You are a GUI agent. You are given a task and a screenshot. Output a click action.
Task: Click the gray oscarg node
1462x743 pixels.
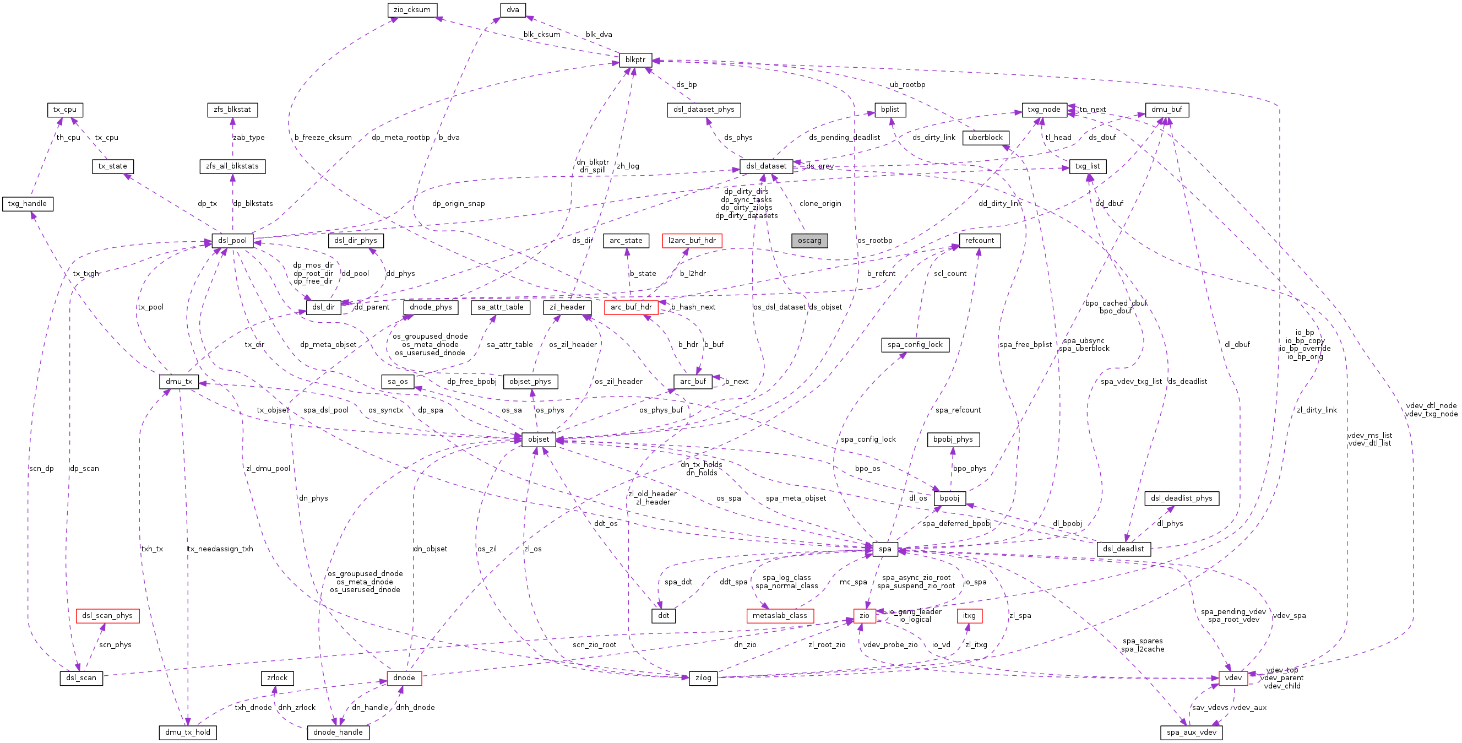(809, 241)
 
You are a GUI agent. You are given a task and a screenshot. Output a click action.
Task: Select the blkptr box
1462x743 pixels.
(635, 59)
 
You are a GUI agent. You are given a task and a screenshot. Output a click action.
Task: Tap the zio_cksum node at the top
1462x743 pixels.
(412, 10)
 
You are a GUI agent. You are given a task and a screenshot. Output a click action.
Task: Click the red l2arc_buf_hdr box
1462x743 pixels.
(692, 241)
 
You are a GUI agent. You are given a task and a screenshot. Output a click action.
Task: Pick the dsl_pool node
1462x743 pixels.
(232, 241)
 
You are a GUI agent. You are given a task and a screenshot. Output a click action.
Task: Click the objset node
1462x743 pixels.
(538, 440)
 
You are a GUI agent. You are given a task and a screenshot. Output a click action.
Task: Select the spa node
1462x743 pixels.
(885, 549)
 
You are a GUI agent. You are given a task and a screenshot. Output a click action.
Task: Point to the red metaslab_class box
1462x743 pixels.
(780, 616)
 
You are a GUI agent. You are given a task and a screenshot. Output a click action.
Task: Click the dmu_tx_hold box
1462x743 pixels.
(187, 732)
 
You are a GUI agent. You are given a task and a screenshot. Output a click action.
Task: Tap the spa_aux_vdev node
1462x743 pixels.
(1191, 732)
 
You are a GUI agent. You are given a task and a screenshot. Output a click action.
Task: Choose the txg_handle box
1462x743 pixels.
(27, 204)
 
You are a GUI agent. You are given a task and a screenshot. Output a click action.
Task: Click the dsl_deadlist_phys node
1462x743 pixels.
(1182, 498)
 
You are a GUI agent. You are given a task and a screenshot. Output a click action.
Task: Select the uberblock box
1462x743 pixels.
(985, 137)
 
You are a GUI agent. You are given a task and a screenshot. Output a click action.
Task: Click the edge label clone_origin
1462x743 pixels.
(820, 204)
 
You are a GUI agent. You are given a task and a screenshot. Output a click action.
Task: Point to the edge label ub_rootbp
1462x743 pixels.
(907, 85)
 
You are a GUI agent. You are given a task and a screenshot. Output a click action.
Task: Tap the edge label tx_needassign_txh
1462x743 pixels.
(220, 549)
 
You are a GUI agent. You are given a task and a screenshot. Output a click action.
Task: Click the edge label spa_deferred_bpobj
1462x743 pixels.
(957, 523)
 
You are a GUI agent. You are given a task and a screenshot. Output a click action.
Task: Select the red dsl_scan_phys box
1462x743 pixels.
(107, 616)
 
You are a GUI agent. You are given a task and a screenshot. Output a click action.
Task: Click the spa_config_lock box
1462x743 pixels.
(915, 345)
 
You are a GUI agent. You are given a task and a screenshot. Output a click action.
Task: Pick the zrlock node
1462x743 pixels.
(277, 677)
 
